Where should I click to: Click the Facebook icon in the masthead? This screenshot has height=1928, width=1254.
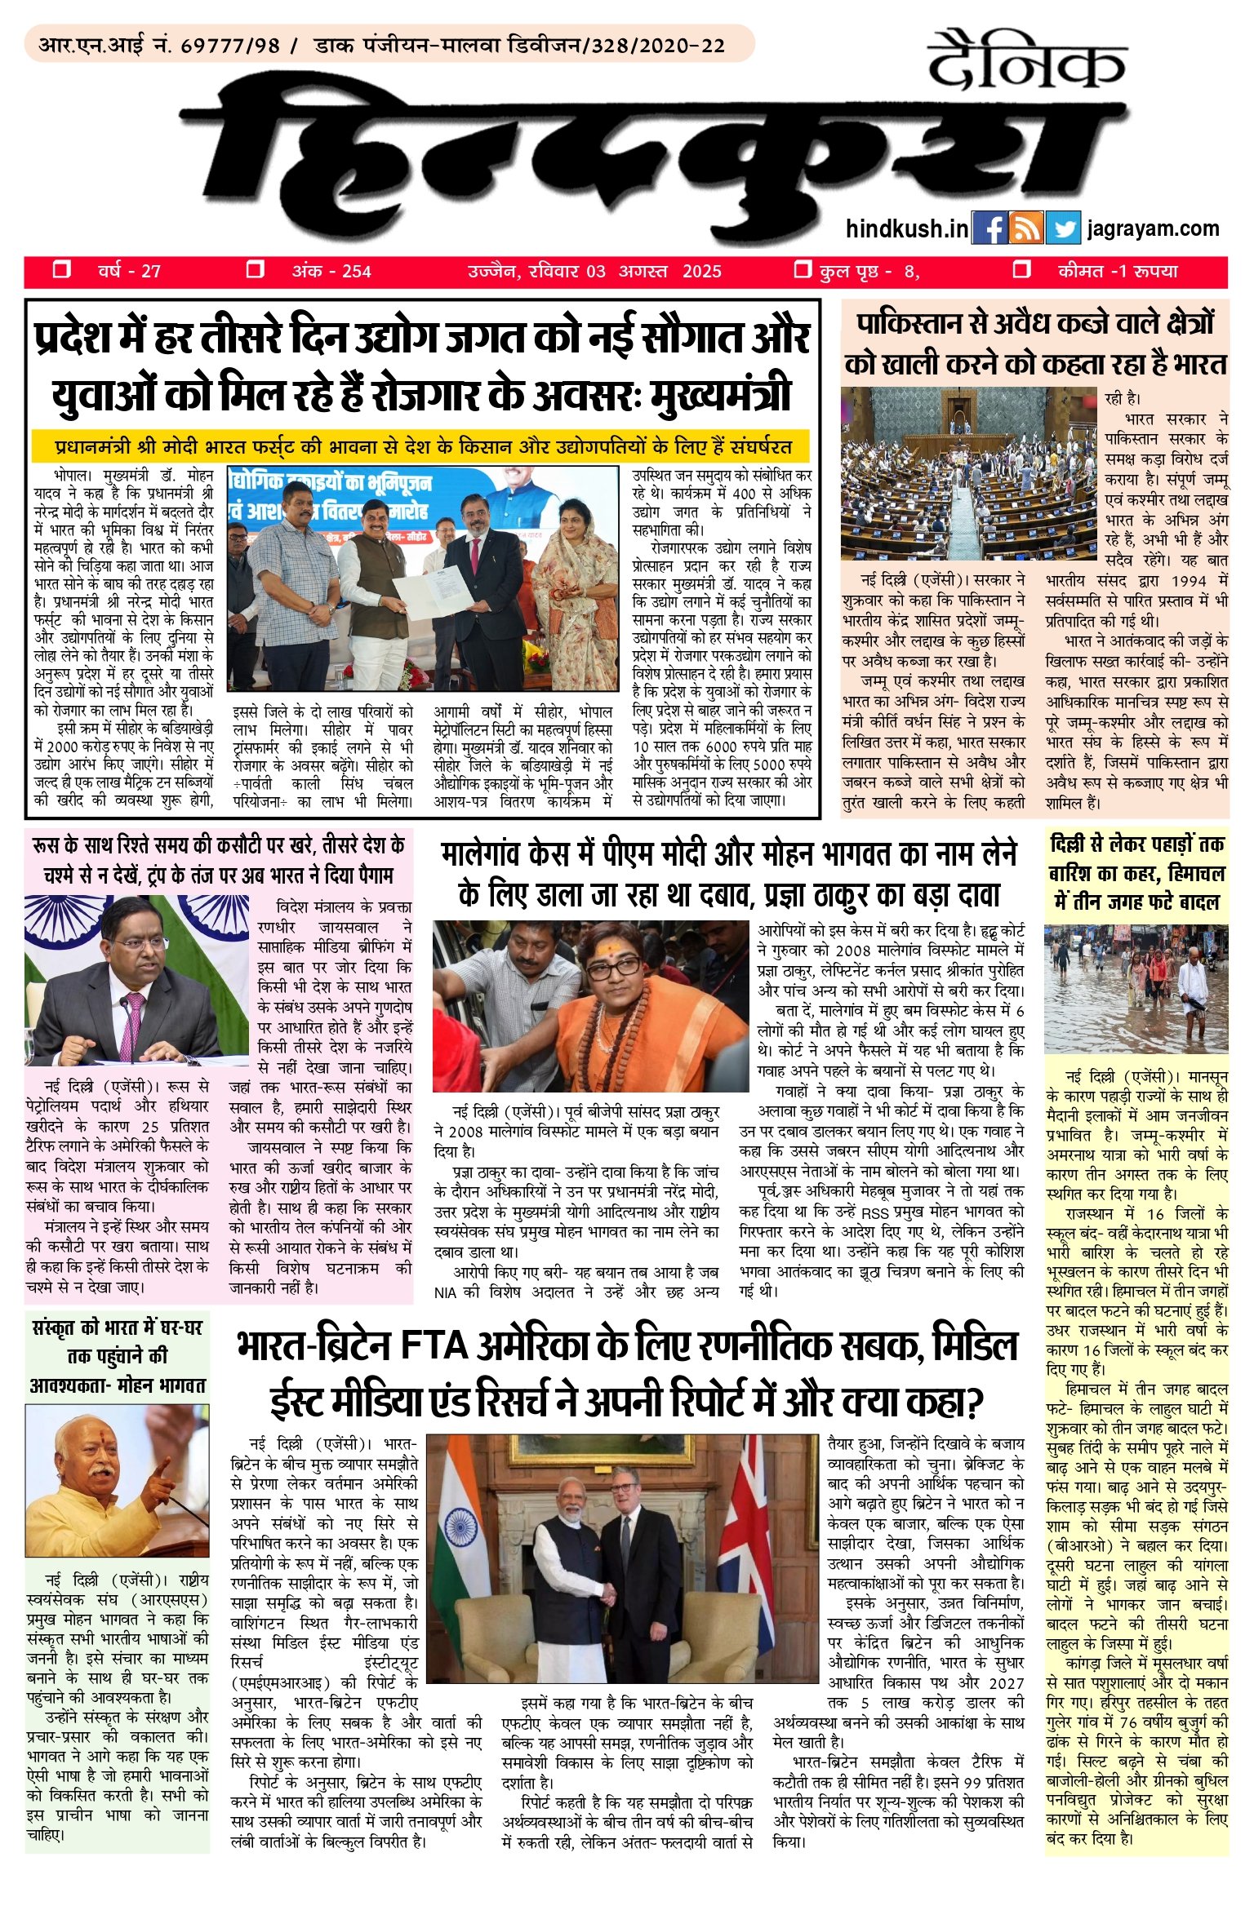989,228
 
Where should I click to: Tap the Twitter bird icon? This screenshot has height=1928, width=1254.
1063,228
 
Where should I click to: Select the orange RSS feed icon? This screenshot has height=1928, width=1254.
1026,228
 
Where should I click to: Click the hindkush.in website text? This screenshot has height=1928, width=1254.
906,229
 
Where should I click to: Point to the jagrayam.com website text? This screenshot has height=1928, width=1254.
1153,229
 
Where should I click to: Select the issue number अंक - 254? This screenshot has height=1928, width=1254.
331,272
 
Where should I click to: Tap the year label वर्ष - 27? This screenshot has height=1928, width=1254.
129,272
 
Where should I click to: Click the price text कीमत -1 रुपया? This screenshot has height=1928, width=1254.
1117,272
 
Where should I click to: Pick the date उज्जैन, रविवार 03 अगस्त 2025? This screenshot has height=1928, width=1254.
594,272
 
